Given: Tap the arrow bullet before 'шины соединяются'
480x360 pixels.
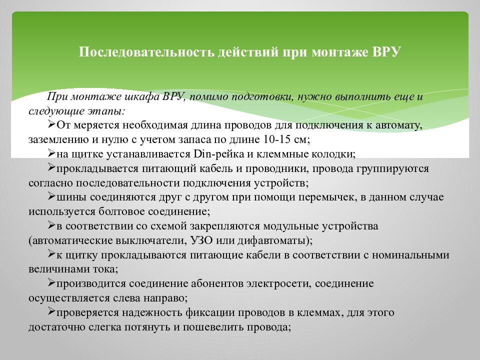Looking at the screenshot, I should pos(51,196).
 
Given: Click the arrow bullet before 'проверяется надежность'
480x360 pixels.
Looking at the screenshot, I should pos(51,312).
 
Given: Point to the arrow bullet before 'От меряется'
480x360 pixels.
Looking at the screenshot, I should pos(51,124).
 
